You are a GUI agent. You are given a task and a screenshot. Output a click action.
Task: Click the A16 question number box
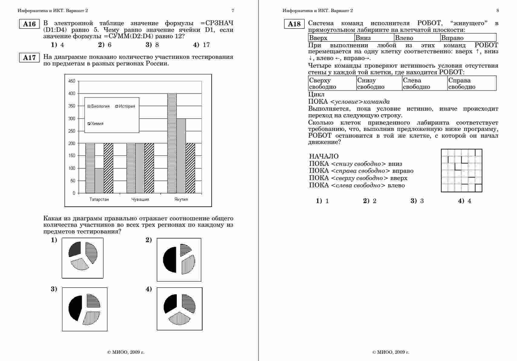29,24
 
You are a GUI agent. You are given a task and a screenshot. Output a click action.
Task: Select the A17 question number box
29,58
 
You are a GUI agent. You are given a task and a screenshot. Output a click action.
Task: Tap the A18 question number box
294,24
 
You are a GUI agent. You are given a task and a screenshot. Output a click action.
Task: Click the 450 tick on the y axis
72,81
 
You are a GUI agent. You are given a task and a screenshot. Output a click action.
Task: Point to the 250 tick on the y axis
72,131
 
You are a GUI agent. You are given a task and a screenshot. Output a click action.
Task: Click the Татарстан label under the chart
99,199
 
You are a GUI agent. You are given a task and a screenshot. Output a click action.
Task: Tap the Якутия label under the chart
181,199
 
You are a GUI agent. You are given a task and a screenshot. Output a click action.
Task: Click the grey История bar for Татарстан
99,180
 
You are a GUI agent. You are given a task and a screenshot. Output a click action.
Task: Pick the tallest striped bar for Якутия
172,142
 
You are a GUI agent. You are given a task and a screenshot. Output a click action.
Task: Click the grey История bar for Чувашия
140,168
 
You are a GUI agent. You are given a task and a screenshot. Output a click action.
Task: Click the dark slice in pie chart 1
75,249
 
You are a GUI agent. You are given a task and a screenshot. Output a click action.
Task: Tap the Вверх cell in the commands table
331,38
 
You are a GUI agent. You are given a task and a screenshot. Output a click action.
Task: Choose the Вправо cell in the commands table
468,38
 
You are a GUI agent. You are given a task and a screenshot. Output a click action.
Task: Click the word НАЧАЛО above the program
324,156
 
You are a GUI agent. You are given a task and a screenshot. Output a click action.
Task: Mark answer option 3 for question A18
418,201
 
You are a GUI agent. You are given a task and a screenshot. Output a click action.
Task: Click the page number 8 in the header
498,11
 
